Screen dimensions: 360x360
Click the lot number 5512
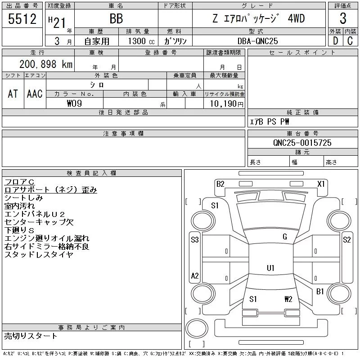[x=22, y=19]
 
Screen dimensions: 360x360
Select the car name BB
[x=116, y=19]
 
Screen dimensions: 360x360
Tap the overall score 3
[x=343, y=19]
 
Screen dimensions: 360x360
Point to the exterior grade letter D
[x=335, y=41]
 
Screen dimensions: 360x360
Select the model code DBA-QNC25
[x=257, y=41]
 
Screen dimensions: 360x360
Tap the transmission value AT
[x=13, y=94]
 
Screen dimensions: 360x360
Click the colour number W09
[x=75, y=103]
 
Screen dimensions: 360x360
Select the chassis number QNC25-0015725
[x=302, y=143]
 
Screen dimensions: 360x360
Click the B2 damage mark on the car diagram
[x=220, y=184]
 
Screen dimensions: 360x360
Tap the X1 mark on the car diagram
[x=321, y=184]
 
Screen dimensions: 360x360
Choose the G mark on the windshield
[x=284, y=237]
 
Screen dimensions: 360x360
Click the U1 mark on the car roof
[x=270, y=268]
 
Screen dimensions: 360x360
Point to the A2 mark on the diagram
[x=195, y=276]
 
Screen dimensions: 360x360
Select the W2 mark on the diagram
[x=288, y=299]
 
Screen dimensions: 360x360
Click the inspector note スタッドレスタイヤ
[x=39, y=255]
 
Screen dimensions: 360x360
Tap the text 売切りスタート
[x=31, y=336]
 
